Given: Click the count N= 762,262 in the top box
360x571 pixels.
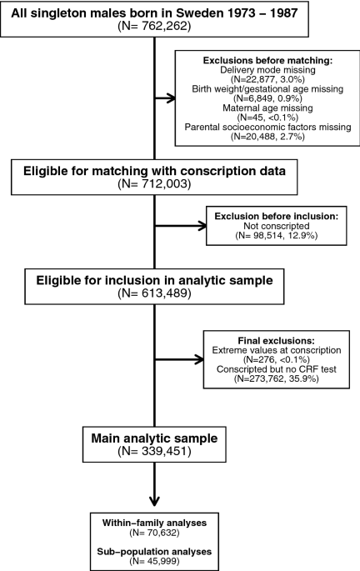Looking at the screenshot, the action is (154, 26).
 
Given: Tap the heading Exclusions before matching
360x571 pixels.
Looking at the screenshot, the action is (267, 61).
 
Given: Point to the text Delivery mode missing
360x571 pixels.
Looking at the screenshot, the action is (267, 69).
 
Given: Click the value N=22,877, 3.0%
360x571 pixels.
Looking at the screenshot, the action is (267, 79).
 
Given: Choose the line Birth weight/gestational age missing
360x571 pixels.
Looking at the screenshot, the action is (267, 89).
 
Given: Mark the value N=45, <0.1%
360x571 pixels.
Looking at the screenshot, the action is (267, 118).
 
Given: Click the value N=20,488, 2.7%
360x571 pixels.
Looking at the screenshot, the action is (267, 137).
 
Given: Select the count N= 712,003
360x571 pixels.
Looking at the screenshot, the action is (154, 184).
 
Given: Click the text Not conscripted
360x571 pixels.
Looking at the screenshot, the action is (277, 226).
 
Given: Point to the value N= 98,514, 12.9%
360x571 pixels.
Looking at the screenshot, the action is (277, 235).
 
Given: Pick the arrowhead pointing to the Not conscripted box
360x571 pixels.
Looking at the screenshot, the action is (202, 226).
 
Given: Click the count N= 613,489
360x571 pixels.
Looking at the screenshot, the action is (154, 293).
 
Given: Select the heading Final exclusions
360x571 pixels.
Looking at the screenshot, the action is (277, 341).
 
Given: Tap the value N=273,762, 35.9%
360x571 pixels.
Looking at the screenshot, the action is (277, 378).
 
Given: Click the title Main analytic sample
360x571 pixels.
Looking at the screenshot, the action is (154, 438).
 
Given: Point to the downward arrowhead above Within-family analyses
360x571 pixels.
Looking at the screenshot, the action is (154, 501).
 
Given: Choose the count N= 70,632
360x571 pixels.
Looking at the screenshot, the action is (154, 533).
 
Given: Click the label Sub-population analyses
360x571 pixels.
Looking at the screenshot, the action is (154, 552).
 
